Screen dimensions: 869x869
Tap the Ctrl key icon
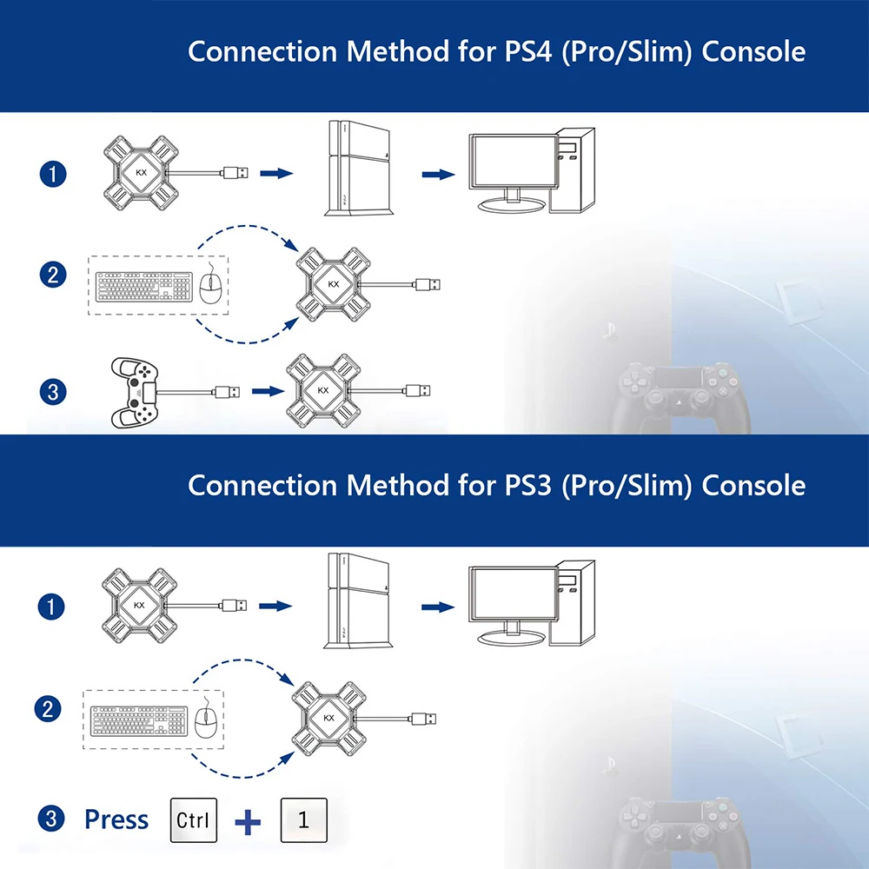tap(193, 819)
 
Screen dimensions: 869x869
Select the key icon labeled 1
tap(303, 819)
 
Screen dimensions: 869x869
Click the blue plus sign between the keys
tap(249, 821)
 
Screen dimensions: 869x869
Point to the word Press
tap(116, 819)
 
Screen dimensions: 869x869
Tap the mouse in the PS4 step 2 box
tap(207, 286)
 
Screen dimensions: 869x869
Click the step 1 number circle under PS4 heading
tap(53, 174)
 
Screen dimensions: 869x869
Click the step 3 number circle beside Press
tap(53, 819)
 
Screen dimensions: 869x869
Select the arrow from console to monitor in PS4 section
tap(439, 175)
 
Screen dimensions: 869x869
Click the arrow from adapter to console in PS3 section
tap(275, 605)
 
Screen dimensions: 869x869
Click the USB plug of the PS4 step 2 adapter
tap(428, 284)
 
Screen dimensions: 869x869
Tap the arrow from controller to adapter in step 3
tap(263, 392)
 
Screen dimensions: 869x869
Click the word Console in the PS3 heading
tap(753, 485)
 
